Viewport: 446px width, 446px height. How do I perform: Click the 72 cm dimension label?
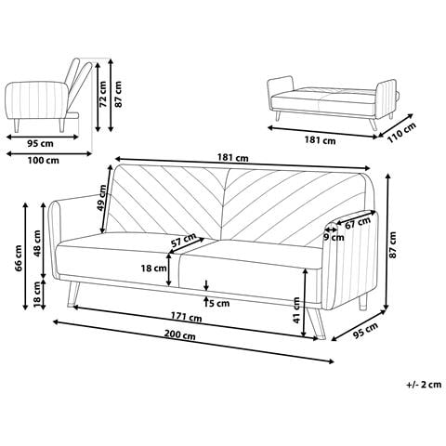103,94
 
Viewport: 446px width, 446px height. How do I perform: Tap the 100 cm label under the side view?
43,161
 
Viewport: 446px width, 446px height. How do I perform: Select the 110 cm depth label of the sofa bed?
401,133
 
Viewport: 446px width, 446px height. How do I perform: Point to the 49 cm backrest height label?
101,198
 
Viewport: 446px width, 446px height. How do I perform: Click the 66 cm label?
20,258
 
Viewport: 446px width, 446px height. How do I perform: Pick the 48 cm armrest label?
37,243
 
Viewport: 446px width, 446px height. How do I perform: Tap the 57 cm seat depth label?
184,240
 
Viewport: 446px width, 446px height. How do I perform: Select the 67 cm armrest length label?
358,223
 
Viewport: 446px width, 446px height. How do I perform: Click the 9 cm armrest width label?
334,238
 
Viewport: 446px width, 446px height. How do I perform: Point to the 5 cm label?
219,303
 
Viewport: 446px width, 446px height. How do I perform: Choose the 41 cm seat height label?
296,310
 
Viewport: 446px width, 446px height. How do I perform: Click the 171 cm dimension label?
187,318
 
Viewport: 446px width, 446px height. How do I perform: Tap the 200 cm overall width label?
179,334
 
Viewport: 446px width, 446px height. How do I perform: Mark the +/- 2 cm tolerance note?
424,385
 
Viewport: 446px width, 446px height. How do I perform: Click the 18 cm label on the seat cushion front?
154,269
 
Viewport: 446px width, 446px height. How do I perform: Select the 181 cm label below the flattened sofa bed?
320,140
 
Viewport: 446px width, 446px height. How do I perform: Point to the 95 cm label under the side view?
41,144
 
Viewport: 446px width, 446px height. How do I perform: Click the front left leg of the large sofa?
73,295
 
